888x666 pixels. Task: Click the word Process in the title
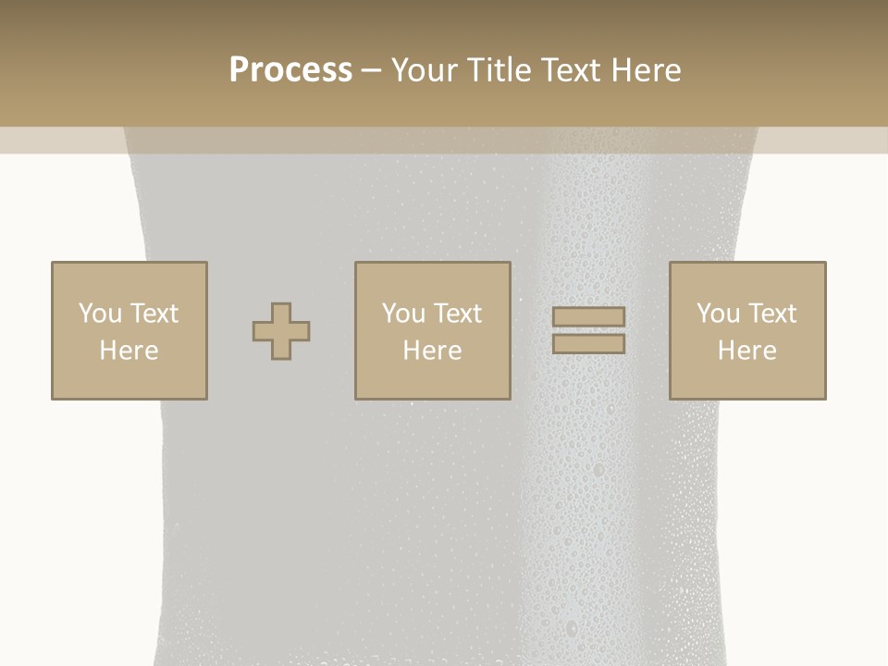[x=290, y=70]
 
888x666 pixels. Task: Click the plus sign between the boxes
[x=281, y=331]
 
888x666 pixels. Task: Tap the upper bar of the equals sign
[x=588, y=316]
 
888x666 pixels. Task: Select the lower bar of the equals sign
[x=588, y=344]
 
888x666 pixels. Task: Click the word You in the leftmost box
[x=100, y=314]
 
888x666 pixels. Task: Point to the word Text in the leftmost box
[x=154, y=314]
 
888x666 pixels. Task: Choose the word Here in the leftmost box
[x=129, y=351]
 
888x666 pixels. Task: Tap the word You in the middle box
[x=403, y=314]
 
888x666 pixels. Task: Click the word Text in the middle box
[x=458, y=314]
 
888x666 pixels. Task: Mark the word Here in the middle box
[x=432, y=351]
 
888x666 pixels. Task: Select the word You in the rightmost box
[x=718, y=314]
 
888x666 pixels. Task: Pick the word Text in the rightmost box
[x=772, y=314]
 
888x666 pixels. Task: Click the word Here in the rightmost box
[x=746, y=351]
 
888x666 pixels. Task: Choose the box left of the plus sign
[x=129, y=379]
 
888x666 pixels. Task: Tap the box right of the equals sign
[x=746, y=379]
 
